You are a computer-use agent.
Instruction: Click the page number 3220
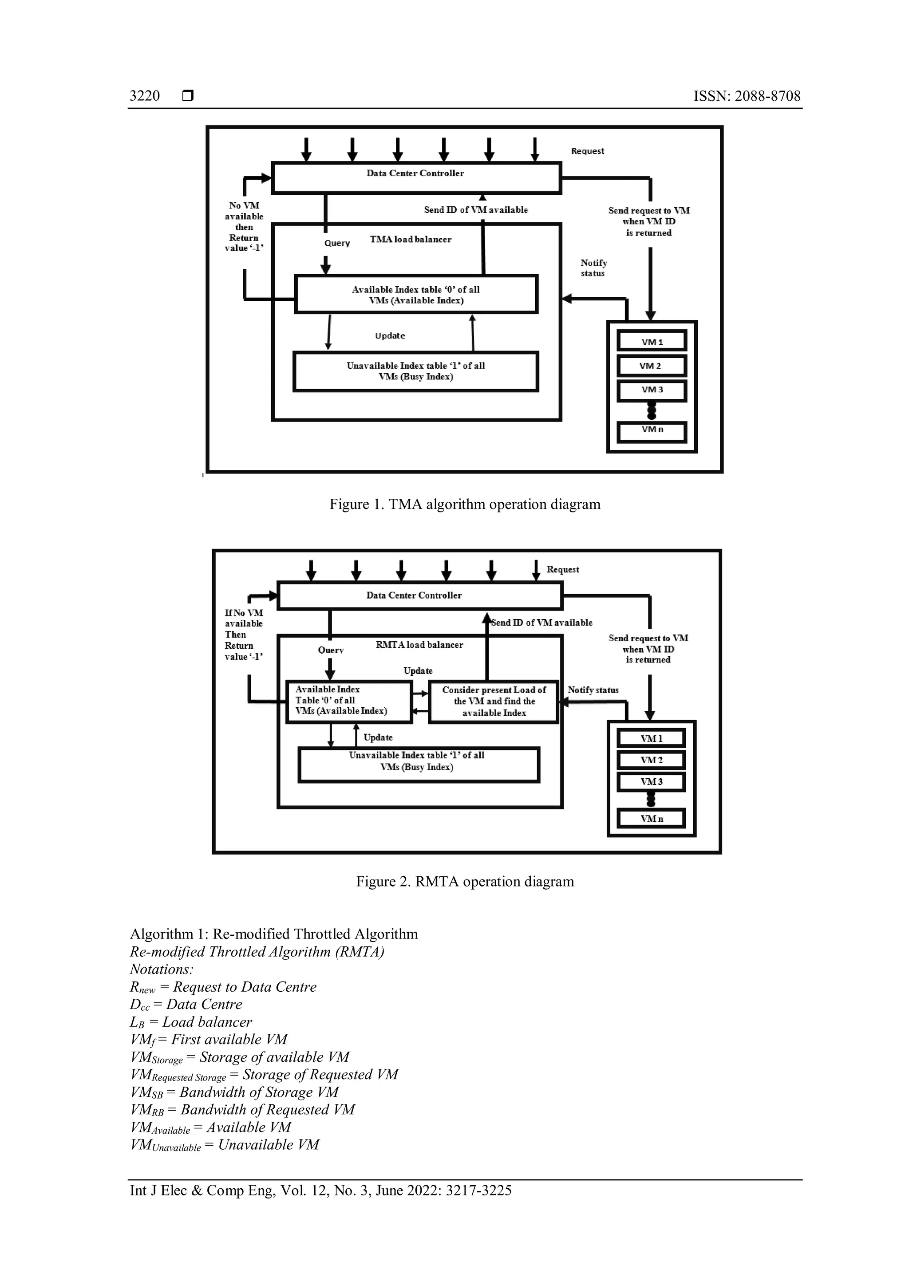coord(144,96)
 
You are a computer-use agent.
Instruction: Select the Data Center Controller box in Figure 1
coord(416,177)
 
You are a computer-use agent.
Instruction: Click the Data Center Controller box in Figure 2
coord(419,595)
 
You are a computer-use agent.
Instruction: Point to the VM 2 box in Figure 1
coord(652,366)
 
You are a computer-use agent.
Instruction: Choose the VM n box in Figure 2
coord(651,818)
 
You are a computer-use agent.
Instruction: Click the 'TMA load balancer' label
coord(410,240)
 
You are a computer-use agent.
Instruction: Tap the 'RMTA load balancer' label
coord(419,645)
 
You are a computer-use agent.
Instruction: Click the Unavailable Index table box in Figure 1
coord(415,371)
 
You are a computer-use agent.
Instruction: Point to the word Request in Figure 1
coord(587,151)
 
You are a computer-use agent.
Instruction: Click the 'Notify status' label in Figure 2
coord(593,690)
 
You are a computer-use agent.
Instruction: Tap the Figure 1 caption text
coord(465,504)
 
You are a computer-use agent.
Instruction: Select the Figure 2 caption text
coord(465,882)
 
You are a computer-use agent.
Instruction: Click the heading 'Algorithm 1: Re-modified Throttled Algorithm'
coord(274,934)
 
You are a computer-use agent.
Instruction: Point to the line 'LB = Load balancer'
coord(191,1022)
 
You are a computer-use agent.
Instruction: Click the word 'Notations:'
coord(161,970)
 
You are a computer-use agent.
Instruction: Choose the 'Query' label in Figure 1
coord(337,243)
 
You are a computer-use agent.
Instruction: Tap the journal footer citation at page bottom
coord(321,1190)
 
